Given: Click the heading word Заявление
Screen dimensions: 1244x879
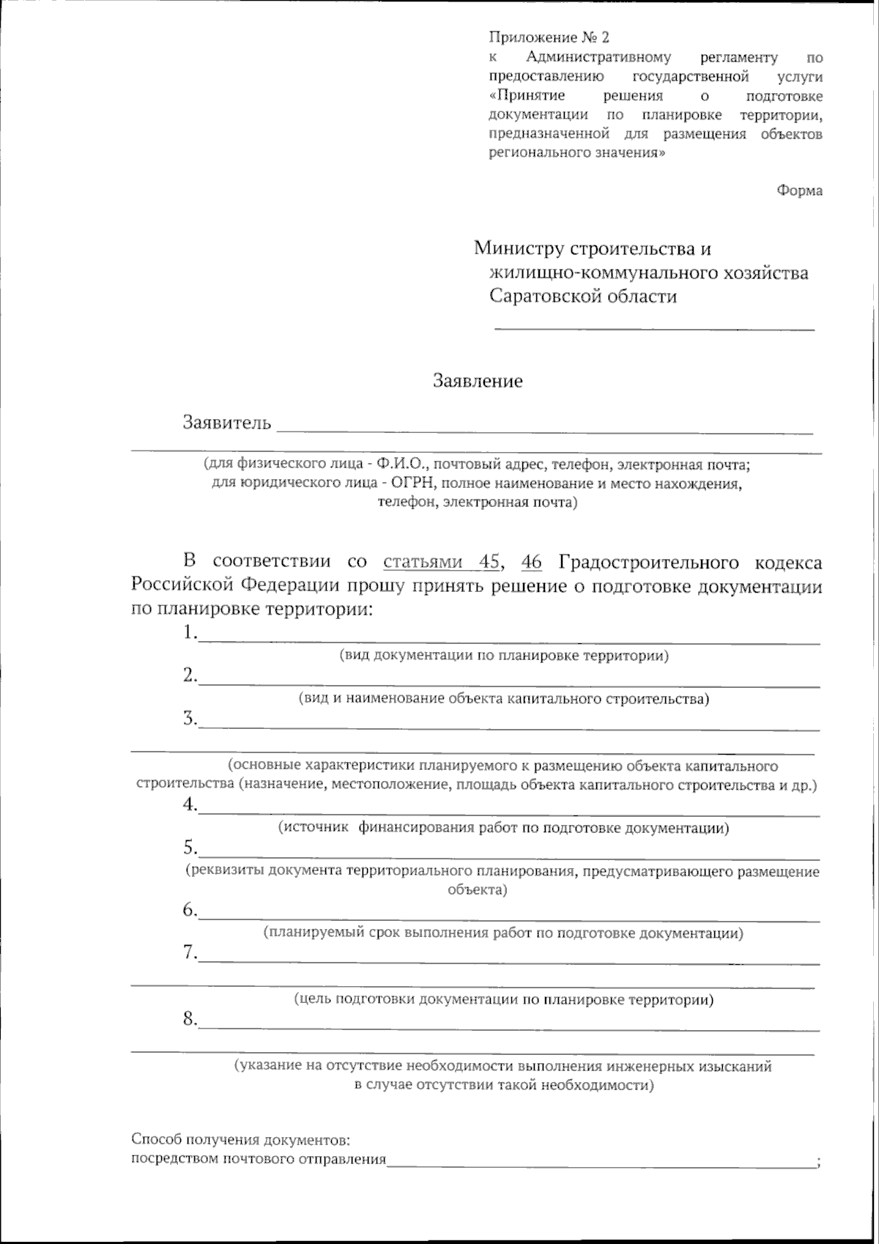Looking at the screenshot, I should coord(478,381).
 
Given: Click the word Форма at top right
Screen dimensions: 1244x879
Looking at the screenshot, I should coord(799,190).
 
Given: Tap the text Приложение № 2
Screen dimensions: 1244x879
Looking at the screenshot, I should coord(549,37).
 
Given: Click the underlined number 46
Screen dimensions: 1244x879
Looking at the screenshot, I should coord(532,562).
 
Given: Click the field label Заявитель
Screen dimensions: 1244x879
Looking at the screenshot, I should coord(227,423).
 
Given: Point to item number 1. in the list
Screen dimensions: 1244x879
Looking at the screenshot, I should coord(190,632).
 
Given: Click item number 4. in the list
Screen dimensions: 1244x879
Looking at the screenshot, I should coord(190,804).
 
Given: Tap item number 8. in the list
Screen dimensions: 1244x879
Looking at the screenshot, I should coord(190,1018).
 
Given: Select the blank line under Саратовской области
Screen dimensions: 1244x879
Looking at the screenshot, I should coord(654,329).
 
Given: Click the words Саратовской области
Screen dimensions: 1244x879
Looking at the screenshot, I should coord(583,296).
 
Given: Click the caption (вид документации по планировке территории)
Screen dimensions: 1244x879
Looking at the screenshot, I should coord(504,656).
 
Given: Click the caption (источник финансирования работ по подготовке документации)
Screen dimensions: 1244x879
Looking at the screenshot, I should coord(504,828).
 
